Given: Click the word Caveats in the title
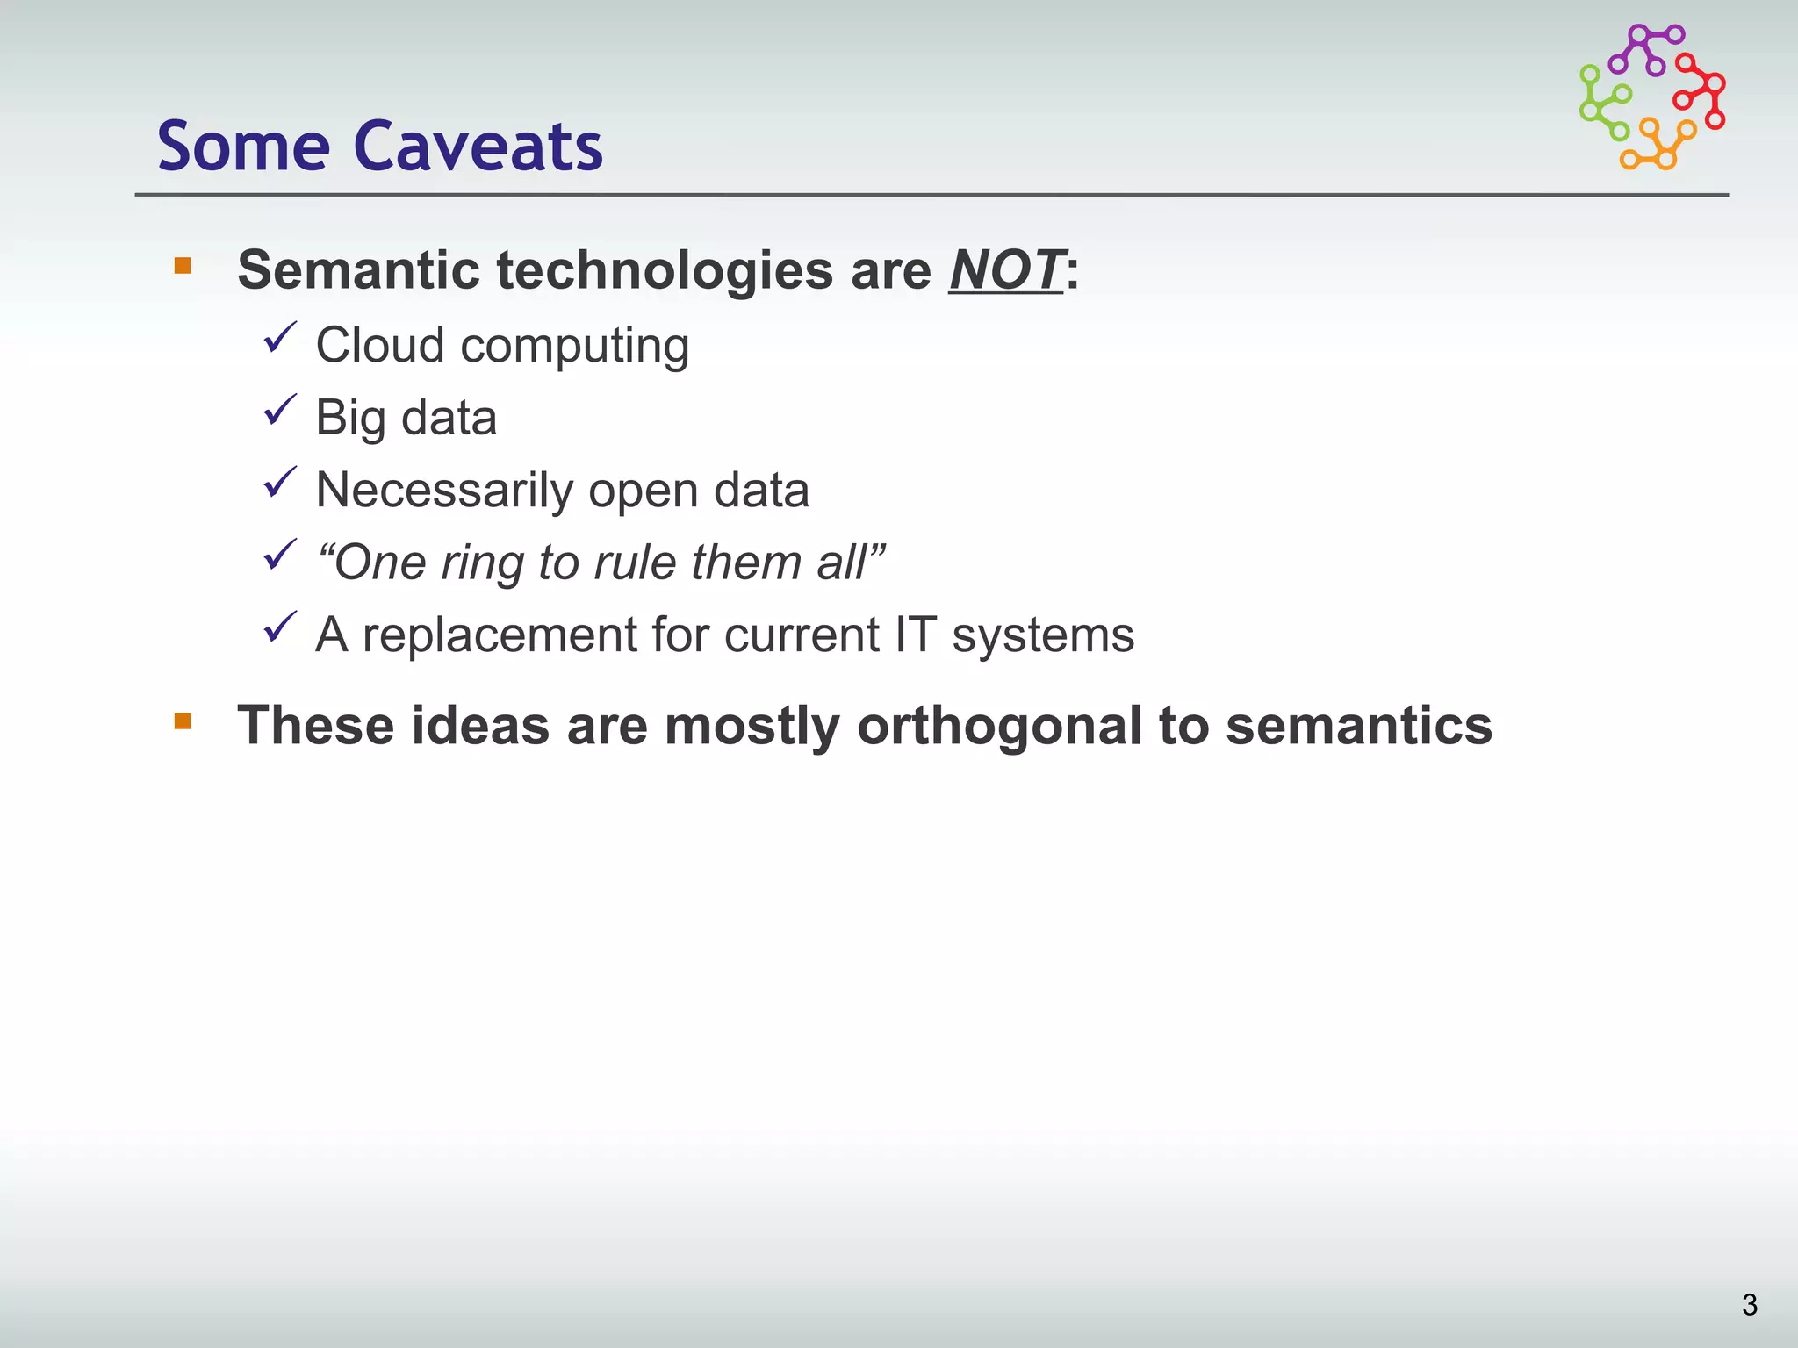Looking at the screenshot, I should coord(478,147).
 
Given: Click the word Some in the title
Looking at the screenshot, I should coord(243,147).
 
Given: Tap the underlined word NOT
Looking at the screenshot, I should coord(1006,270).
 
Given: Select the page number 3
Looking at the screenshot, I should coord(1749,1305).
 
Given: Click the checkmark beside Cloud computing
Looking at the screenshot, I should coord(280,338).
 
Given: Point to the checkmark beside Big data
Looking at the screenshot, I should coord(280,410).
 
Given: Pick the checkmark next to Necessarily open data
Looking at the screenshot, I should coord(280,483).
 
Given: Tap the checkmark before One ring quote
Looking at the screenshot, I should coord(280,555).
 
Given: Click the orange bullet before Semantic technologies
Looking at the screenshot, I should coord(183,266).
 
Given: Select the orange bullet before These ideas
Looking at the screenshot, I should coord(183,721).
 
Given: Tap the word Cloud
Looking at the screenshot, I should coord(380,345).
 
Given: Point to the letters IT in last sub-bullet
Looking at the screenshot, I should coord(915,635).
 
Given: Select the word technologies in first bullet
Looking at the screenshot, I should coord(665,270).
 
